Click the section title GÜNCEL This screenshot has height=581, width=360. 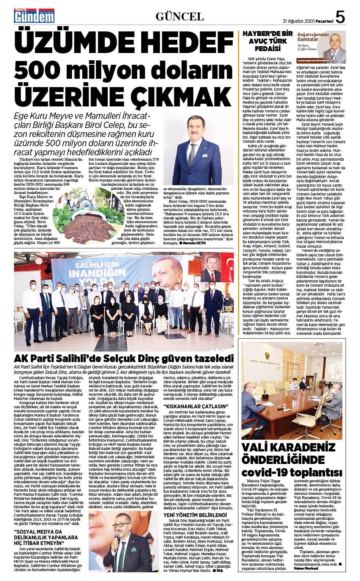(x=180, y=16)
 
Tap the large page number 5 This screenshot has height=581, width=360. (x=340, y=17)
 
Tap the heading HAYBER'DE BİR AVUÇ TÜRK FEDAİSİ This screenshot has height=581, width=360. (x=268, y=41)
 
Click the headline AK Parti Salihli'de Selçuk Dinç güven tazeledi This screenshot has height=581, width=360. (x=124, y=358)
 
